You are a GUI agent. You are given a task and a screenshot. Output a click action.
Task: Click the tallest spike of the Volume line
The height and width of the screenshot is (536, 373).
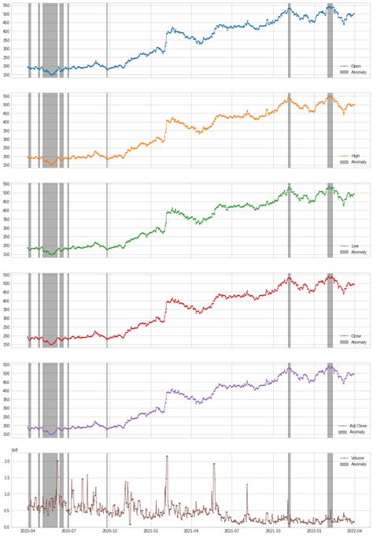(57, 461)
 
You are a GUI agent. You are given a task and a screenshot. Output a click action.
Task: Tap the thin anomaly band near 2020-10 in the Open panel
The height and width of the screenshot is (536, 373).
(107, 39)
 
